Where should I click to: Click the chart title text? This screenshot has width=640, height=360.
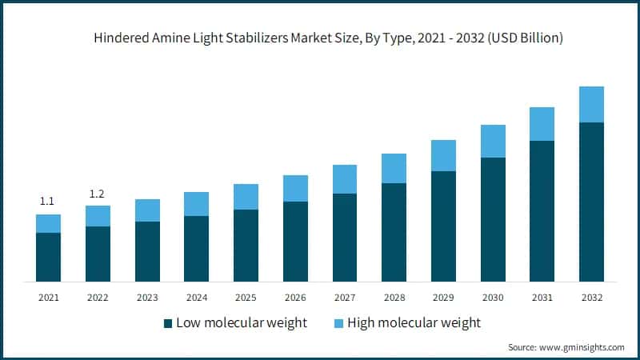click(320, 38)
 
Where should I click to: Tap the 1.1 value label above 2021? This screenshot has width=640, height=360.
click(47, 202)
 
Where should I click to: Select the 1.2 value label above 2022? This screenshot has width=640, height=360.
click(98, 194)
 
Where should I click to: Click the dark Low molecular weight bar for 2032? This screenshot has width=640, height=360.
click(591, 202)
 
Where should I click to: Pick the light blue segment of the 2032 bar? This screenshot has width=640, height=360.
click(591, 104)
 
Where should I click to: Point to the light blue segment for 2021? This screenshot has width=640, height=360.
click(48, 223)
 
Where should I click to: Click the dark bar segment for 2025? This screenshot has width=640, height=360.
click(246, 246)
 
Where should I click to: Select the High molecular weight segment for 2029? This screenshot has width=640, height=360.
click(443, 155)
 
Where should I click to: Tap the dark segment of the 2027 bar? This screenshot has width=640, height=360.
click(345, 238)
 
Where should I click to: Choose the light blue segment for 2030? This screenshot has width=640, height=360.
click(493, 141)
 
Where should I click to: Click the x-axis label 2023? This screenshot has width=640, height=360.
click(147, 298)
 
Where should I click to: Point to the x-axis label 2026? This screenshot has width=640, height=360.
click(295, 298)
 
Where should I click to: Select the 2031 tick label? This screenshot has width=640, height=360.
click(542, 298)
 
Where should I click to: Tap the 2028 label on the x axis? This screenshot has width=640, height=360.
click(394, 298)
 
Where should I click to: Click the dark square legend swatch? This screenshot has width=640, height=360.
click(168, 323)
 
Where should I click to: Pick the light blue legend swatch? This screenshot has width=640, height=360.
click(337, 323)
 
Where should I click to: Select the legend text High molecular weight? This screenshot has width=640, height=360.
click(414, 323)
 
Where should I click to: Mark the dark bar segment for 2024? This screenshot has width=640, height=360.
click(196, 249)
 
